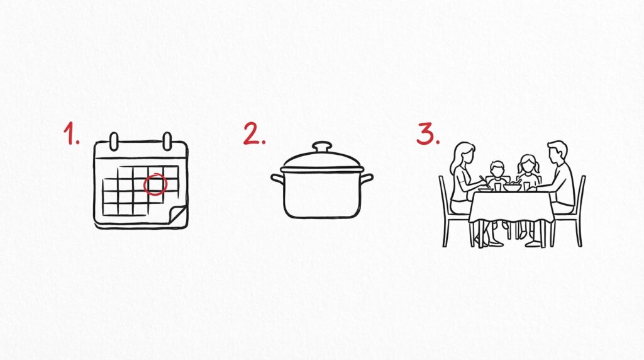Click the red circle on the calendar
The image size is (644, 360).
[x=155, y=184]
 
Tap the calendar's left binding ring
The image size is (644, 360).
[x=114, y=142]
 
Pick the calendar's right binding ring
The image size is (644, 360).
[x=167, y=142]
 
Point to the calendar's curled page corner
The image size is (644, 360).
[x=177, y=216]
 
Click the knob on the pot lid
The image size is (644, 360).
[x=322, y=147]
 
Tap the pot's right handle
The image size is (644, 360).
[x=367, y=179]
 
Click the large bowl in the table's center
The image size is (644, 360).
[x=512, y=188]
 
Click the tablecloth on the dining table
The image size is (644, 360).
[x=511, y=205]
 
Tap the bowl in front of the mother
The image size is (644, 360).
[x=486, y=189]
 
